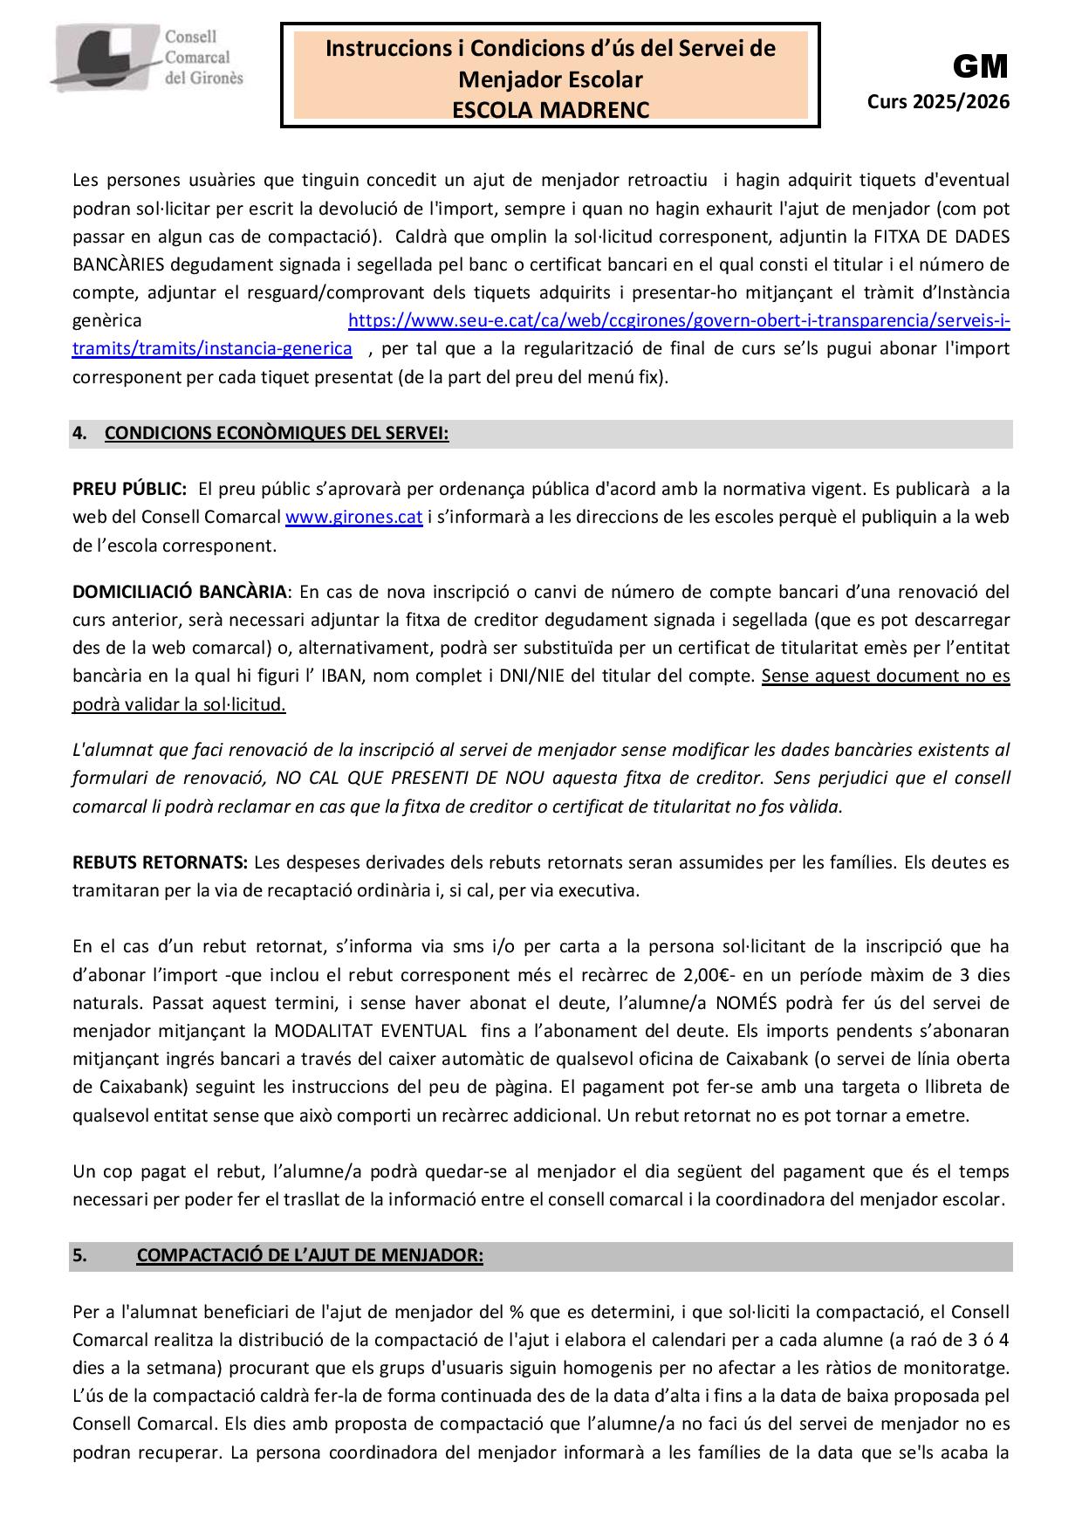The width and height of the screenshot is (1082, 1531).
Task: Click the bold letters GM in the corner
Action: click(980, 66)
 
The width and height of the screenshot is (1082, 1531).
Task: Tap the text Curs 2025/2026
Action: click(938, 102)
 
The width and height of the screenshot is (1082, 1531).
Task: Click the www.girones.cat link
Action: click(353, 517)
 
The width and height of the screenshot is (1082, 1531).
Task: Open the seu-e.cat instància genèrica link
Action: click(678, 321)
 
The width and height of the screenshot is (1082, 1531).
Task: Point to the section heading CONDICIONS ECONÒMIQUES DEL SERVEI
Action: click(277, 434)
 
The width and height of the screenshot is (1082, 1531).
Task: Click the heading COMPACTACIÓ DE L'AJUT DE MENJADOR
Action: click(310, 1256)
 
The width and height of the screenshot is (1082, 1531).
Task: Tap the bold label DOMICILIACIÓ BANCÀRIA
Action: click(180, 592)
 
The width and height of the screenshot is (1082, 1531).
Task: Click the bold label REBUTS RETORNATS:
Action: click(161, 862)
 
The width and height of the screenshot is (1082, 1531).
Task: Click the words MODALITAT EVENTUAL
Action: click(370, 1031)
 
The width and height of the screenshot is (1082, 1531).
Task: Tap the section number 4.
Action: click(79, 434)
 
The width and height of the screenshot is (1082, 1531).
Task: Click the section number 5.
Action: click(79, 1256)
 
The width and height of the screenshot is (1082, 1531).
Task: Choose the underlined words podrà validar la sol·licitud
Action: click(179, 704)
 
